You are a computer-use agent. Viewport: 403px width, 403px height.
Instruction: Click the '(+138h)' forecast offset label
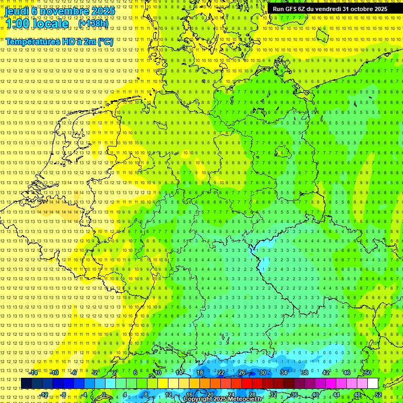click(x=93, y=24)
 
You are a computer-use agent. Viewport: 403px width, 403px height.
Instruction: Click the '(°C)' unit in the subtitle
click(x=105, y=41)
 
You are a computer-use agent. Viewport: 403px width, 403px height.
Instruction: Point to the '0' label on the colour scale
click(x=104, y=395)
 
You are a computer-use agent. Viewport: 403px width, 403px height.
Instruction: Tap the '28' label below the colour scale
click(x=252, y=395)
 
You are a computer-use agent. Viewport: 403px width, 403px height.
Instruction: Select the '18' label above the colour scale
click(x=200, y=373)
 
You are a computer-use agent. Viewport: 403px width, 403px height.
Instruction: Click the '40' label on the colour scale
click(x=315, y=395)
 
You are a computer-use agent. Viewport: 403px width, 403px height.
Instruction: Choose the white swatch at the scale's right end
click(x=373, y=384)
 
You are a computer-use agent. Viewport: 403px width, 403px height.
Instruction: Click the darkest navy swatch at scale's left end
click(x=26, y=384)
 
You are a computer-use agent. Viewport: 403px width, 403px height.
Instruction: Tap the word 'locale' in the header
click(x=50, y=24)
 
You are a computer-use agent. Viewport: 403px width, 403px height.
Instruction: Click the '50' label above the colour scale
click(x=368, y=373)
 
